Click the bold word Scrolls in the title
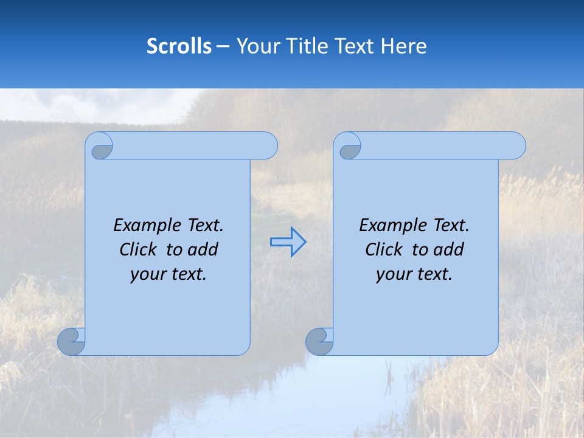coord(179,46)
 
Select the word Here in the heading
coord(403,46)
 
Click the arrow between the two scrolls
coord(288,242)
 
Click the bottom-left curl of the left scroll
coord(71,341)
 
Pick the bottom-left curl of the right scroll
coord(319,341)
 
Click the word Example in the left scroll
coord(144,226)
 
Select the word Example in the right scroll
coord(389,226)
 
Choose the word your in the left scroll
coord(147,274)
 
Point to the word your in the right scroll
coord(392,274)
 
